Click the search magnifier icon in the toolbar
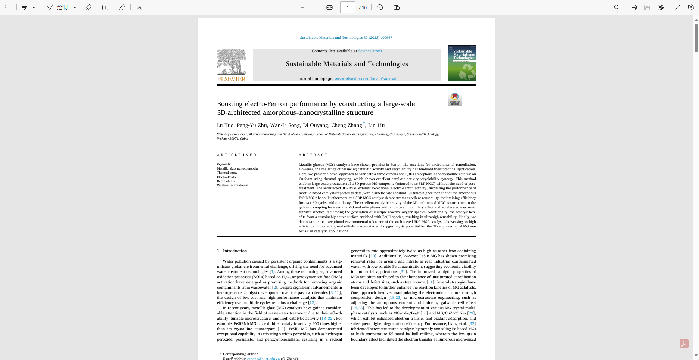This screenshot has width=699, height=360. pos(616,7)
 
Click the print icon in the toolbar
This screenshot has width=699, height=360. pos(633,7)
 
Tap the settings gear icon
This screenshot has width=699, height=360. pos(690,7)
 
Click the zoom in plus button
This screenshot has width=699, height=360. pos(316,7)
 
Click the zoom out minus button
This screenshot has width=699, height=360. pos(302,7)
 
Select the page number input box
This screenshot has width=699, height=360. pos(347,7)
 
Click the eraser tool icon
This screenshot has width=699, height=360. pos(88,7)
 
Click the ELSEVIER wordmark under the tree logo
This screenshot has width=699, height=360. pos(232,79)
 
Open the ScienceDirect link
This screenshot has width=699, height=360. pos(370,51)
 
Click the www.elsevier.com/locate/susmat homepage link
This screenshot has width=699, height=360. pos(365,79)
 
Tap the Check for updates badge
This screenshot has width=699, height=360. pos(454,99)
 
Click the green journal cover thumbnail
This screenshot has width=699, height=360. pos(462,63)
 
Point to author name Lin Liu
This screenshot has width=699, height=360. pos(376,125)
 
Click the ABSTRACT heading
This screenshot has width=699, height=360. pos(313,155)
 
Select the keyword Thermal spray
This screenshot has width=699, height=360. pos(227,173)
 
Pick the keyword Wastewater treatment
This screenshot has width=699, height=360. pos(233,186)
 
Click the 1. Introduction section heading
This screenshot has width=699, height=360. pos(232,251)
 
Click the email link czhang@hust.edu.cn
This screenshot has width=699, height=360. pos(263,359)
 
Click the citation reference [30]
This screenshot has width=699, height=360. pos(372,256)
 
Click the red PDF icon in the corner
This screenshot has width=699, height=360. pos(684,344)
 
